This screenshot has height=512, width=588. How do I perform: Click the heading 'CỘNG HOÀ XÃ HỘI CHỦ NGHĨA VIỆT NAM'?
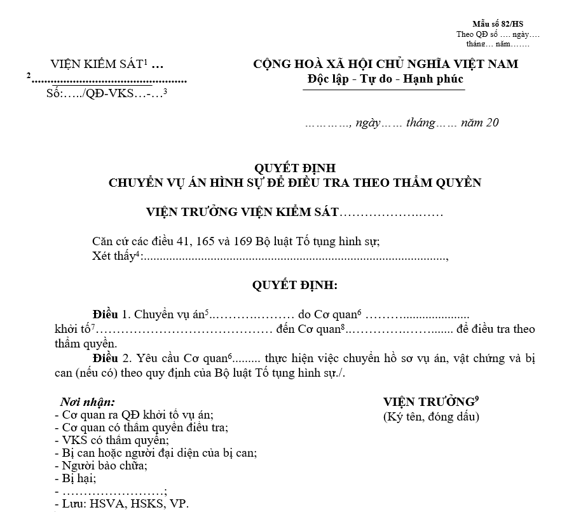coord(385,64)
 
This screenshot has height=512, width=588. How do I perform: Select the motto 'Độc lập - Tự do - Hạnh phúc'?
coord(385,79)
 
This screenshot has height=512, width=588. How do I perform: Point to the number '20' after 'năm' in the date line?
coord(492,123)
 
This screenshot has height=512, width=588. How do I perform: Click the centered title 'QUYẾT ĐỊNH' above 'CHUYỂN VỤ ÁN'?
coord(294,168)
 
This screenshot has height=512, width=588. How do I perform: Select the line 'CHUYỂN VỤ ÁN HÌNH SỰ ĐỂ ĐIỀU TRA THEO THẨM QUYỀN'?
coord(294,183)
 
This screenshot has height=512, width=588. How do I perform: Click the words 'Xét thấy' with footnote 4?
coord(113,257)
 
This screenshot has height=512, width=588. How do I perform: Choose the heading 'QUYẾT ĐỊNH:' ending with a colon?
coord(294,285)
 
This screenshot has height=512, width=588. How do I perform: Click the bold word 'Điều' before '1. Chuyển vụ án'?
coord(106,314)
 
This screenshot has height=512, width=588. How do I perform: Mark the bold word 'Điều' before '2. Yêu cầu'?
coord(106,358)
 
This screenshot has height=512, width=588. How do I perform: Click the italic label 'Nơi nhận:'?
coord(88,402)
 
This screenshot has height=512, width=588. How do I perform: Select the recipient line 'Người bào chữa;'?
coord(105,466)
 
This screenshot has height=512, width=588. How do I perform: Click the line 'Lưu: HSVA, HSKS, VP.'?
coord(125,504)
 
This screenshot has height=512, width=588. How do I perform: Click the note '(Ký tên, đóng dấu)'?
coord(431,417)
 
